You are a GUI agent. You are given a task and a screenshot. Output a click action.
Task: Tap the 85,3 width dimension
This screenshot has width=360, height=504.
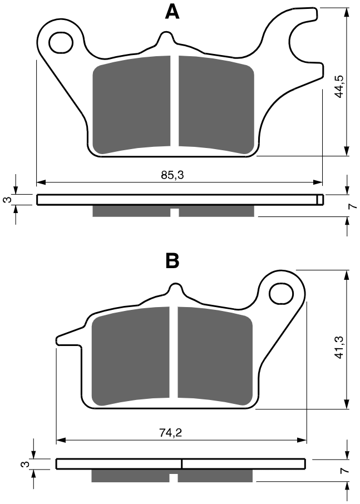[x=172, y=175]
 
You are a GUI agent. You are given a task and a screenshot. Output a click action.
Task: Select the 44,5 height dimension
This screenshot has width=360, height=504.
[x=339, y=86]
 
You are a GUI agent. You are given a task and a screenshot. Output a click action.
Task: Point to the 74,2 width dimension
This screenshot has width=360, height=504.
[x=171, y=432]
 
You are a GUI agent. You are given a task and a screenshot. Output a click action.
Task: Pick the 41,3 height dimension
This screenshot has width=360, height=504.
[x=339, y=347]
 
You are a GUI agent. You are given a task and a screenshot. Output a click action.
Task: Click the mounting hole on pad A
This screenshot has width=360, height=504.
[x=61, y=42]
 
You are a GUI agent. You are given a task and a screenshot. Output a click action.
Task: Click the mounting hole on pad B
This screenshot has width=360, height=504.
[x=281, y=294]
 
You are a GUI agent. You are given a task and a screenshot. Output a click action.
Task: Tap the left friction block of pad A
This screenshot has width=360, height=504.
[x=131, y=105]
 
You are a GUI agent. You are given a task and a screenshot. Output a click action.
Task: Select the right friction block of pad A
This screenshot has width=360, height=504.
[x=216, y=105]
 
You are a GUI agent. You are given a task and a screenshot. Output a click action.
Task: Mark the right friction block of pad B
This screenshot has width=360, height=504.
[x=215, y=356]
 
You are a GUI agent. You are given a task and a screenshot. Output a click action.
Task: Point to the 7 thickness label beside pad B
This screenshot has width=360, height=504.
[x=344, y=471]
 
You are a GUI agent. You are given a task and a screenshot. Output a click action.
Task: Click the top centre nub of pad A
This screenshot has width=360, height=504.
[x=166, y=37]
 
